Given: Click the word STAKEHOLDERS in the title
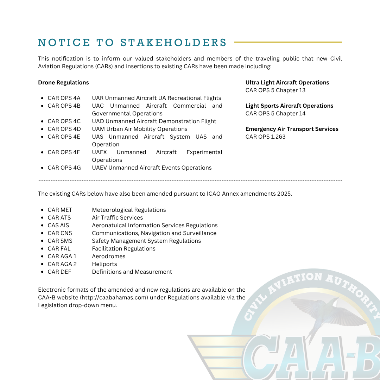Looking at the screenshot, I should pos(173,43).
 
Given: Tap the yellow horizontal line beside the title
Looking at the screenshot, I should pos(288,43).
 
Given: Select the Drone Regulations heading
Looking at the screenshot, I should pos(63,83).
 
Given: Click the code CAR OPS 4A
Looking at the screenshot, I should pos(64,98).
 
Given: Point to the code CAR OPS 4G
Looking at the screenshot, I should pos(64,168).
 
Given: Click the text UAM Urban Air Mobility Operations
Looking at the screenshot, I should pos(140,129).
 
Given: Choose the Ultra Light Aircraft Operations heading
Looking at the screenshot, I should pos(287,83).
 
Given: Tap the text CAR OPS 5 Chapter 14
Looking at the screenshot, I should pos(275,114).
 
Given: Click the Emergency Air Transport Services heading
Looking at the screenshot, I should pos(292,129).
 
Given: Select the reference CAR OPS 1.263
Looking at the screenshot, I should pos(265,137).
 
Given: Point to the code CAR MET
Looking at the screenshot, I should pos(60,210).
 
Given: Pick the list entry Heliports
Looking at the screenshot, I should pos(104,264).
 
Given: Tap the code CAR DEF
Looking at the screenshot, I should pos(59,272).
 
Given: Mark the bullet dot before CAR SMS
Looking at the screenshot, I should pos(42,241).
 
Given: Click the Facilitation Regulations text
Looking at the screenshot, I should pos(123,249).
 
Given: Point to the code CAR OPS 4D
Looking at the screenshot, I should pos(64,129).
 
